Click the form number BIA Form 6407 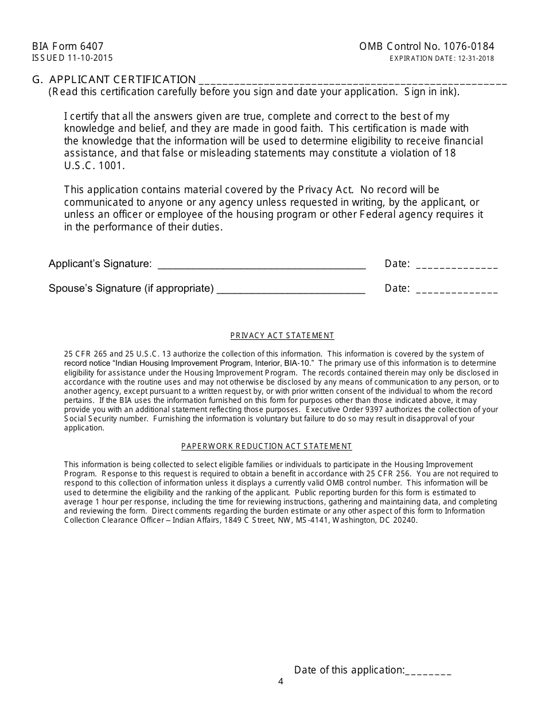point(68,47)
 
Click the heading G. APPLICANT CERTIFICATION point(114,80)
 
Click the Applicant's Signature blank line point(261,265)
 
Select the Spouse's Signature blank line point(291,289)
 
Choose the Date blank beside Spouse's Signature point(457,289)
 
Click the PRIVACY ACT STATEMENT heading point(282,336)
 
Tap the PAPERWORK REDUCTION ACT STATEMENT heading point(267,446)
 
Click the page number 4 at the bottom point(281,681)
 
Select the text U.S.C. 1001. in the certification point(94,166)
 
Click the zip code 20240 point(405,520)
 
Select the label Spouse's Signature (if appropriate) point(131,288)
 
